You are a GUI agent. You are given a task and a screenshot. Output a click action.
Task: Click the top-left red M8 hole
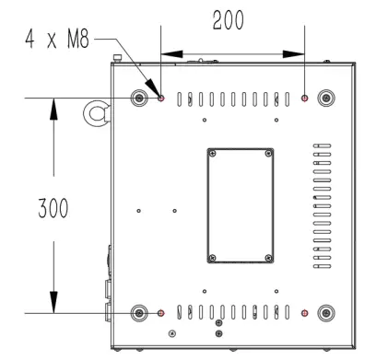[161, 98]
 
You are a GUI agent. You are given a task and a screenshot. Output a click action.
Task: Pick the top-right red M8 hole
[305, 98]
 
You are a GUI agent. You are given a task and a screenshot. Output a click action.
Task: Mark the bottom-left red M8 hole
[161, 313]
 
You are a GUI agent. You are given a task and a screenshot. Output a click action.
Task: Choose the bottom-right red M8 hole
[305, 313]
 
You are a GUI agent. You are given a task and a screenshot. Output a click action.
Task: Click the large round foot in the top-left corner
[139, 98]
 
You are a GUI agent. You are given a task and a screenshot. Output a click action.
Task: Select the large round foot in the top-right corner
[325, 98]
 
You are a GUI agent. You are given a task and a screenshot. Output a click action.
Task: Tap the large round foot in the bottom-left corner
[139, 313]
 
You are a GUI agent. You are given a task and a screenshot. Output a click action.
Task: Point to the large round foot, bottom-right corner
[325, 313]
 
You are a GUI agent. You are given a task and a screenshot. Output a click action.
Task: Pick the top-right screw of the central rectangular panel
[267, 153]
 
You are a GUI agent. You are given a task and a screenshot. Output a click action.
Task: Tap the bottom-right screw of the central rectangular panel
[267, 257]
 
